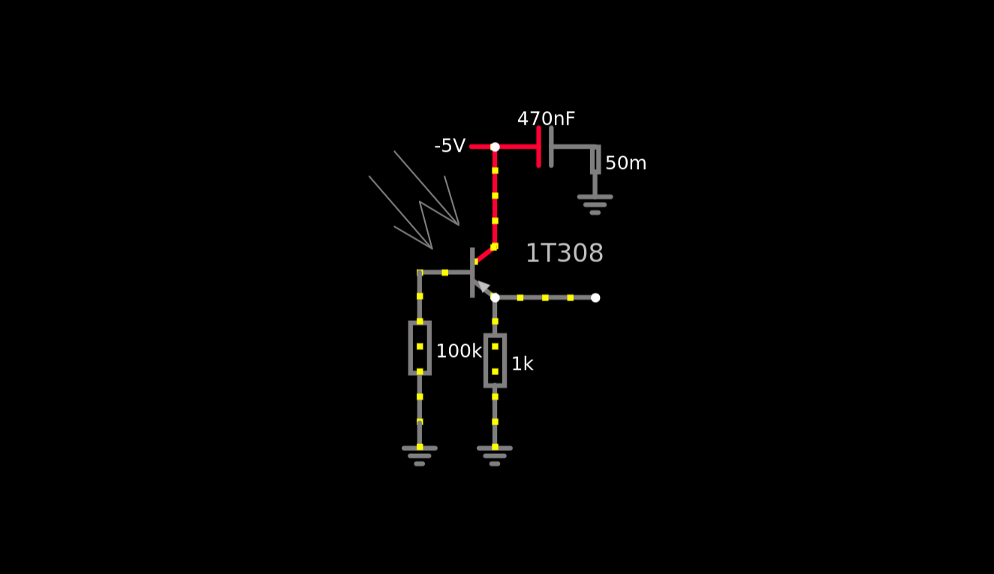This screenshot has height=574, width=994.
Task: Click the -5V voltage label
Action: [x=450, y=147]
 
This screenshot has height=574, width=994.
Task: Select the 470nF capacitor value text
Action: [x=546, y=119]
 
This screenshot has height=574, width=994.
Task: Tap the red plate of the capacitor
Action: [x=539, y=147]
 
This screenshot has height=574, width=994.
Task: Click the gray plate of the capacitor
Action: [x=551, y=147]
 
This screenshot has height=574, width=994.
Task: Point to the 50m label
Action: [x=625, y=163]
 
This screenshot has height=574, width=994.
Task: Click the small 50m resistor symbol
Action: [x=595, y=160]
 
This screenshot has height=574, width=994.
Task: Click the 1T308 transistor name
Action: [x=564, y=253]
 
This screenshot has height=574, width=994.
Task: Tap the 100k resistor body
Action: [x=420, y=347]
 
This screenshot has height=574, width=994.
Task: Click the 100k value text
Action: [x=458, y=351]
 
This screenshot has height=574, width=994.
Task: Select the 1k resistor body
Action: [x=495, y=360]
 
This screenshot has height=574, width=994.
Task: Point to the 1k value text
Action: [x=522, y=364]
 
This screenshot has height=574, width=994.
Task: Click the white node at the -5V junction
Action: [x=495, y=147]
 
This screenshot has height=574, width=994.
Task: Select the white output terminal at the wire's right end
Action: [x=595, y=298]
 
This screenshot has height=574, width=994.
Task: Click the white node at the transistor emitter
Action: [x=495, y=298]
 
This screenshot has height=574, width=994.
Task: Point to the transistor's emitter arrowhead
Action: [x=482, y=286]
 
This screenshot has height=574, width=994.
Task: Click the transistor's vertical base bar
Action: [x=472, y=272]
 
